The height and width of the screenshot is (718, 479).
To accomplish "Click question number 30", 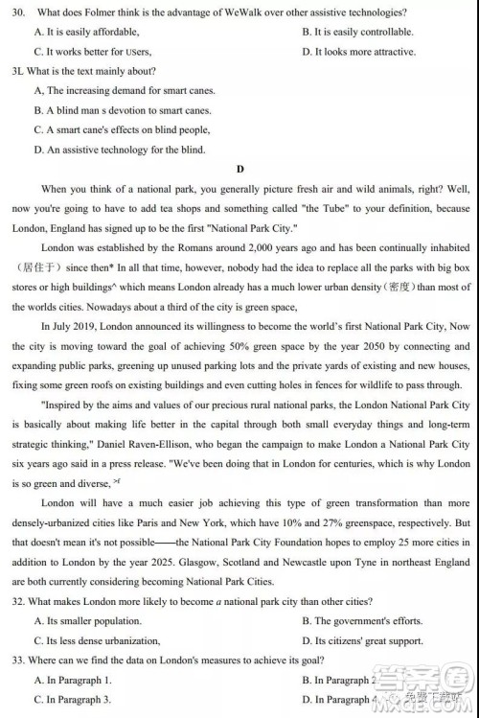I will pyautogui.click(x=16, y=12).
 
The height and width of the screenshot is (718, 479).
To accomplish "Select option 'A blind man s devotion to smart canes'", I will pyautogui.click(x=125, y=110).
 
